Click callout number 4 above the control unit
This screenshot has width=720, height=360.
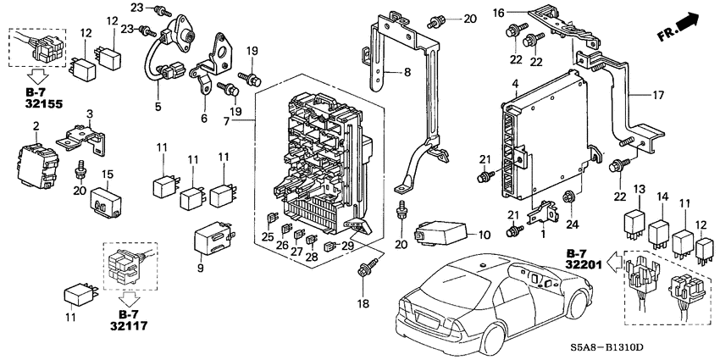[515, 83]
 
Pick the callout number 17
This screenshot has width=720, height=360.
[656, 96]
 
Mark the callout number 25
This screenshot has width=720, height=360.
[267, 237]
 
